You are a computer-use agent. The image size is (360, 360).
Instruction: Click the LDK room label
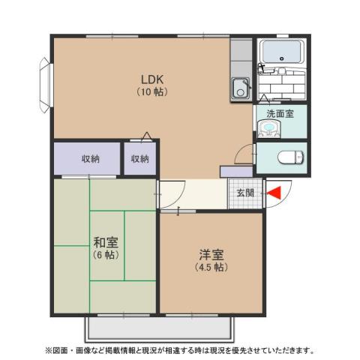point(151,79)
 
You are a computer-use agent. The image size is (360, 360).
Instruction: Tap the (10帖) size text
point(151,91)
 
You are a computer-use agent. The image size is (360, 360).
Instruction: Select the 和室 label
point(105,243)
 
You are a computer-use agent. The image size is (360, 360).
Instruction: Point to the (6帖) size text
point(105,255)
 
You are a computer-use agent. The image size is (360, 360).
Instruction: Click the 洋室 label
point(211,255)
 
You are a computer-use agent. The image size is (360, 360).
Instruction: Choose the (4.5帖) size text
point(211,267)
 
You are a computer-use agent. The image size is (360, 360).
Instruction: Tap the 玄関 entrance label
point(245,193)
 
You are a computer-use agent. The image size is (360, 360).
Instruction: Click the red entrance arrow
point(273,193)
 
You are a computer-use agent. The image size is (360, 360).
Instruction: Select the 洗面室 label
point(280,113)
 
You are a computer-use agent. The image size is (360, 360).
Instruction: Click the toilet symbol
point(287,157)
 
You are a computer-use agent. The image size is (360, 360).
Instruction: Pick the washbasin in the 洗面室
point(268,130)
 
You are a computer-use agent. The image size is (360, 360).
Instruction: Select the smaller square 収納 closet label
point(140,159)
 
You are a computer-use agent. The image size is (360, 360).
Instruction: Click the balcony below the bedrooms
point(157,328)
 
